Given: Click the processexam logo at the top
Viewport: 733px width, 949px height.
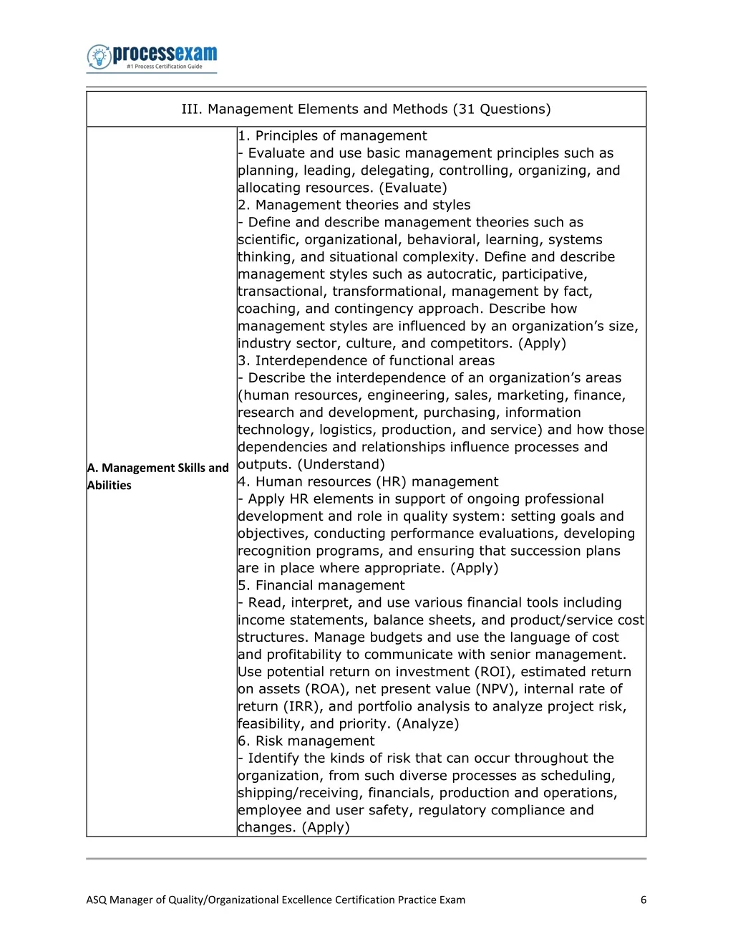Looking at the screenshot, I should tap(152, 57).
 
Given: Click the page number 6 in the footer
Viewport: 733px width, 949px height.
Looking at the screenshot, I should tap(644, 900).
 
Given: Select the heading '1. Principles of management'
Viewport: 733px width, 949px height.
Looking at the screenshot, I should tap(333, 136).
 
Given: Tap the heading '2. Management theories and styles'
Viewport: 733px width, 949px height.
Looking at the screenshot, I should tap(354, 205).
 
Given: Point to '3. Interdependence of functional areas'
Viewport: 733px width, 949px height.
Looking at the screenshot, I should tap(366, 360).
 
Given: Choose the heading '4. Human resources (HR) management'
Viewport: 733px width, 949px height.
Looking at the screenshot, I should tap(368, 481).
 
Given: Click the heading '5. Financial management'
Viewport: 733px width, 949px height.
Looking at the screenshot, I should tap(321, 585).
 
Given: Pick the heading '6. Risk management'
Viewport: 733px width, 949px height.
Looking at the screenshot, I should tap(306, 741).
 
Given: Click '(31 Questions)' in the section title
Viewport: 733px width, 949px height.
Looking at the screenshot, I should tap(502, 109).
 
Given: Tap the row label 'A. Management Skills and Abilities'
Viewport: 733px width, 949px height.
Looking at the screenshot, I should tap(158, 476).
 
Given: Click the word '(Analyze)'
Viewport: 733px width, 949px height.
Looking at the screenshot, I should tap(427, 723).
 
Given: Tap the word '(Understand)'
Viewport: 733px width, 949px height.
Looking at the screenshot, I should tap(341, 464).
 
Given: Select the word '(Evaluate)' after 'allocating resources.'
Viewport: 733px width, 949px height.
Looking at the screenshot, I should tap(413, 188).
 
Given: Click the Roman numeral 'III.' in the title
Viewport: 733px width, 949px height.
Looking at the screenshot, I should tap(192, 109).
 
